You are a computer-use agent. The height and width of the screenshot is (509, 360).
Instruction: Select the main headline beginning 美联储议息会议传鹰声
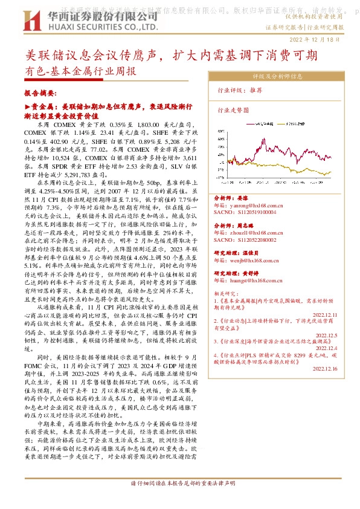click(172, 56)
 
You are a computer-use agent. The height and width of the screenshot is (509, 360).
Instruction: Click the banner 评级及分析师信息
click(277, 77)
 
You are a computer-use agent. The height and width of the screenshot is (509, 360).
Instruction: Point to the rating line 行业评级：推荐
click(240, 89)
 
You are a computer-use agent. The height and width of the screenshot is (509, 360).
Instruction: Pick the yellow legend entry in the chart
click(298, 123)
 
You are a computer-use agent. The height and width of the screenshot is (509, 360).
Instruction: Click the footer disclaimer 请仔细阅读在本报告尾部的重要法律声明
click(179, 484)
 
